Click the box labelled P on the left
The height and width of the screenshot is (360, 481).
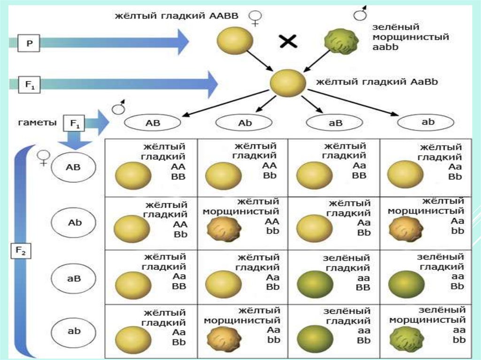click(29, 44)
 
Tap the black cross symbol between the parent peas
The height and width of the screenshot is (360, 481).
click(288, 42)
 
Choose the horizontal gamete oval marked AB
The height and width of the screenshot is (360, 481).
click(153, 123)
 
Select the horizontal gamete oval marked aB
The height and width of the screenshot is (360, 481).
click(334, 123)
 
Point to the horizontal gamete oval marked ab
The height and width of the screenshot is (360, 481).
click(426, 123)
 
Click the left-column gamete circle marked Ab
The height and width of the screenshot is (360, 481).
click(75, 222)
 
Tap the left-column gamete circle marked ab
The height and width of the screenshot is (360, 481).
click(75, 331)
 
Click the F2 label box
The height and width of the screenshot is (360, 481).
click(21, 252)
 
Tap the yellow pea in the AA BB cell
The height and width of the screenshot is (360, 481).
click(133, 175)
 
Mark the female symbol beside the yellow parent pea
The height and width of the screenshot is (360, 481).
click(256, 17)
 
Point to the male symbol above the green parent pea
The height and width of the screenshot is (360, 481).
click(361, 14)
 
